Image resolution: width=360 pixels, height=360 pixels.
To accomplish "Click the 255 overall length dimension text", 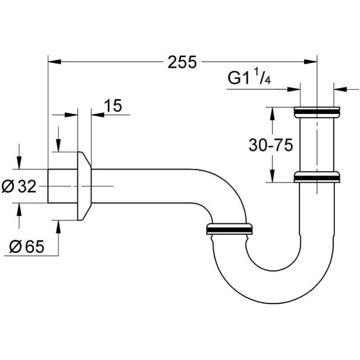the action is tap(182, 62).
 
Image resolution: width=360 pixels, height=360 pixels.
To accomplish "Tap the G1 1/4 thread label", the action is tap(249, 77).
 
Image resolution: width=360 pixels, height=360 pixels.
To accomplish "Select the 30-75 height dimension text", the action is tap(271, 145).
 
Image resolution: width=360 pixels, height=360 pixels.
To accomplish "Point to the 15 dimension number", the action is tap(113, 106).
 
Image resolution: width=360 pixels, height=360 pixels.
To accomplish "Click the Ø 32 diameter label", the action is tap(19, 186).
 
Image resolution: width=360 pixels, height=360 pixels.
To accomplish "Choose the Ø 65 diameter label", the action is tap(27, 247).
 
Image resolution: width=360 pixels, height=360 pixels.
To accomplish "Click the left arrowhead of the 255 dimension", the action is tap(54, 62).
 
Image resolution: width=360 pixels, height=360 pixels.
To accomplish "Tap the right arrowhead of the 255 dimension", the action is tap(310, 62).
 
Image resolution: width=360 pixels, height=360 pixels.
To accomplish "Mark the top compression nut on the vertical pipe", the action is tap(317, 112).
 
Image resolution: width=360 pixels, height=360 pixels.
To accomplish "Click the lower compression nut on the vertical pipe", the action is tap(317, 177).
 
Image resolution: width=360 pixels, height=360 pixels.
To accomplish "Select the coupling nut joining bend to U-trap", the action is tap(229, 229).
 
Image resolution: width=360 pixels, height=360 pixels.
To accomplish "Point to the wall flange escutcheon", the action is tap(84, 186).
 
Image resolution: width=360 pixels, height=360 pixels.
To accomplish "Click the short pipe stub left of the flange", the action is tap(63, 186).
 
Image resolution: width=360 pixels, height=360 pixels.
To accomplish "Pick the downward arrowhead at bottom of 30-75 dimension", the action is tap(272, 176).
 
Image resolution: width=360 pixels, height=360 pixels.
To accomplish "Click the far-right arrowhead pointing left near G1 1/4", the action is tap(340, 89).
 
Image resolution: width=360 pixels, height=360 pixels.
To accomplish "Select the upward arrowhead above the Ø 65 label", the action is tap(58, 227).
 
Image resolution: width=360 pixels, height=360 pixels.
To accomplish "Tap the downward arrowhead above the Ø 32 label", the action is tap(19, 162).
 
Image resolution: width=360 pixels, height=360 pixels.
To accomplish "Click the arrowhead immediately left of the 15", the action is tap(98, 115).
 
